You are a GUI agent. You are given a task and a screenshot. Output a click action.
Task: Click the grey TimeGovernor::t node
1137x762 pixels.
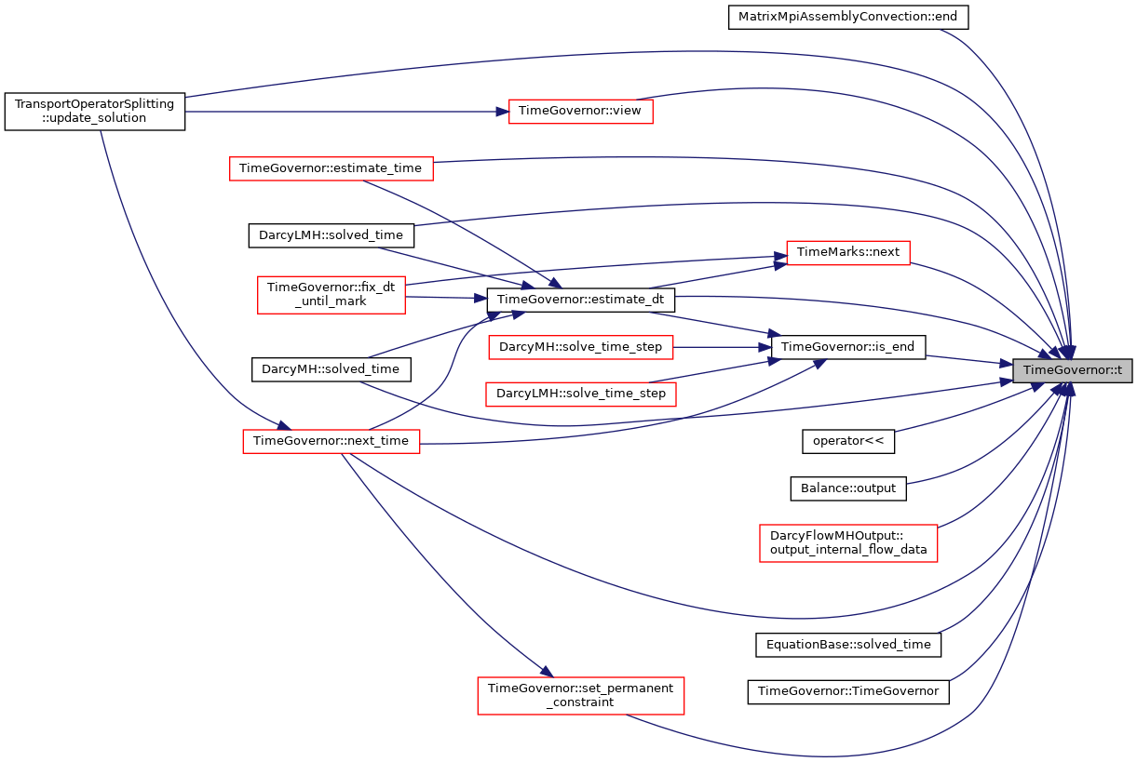point(1072,370)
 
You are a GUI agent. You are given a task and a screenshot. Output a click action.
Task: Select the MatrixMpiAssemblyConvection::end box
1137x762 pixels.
point(848,18)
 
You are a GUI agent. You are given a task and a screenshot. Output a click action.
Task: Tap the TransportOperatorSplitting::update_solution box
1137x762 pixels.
point(95,112)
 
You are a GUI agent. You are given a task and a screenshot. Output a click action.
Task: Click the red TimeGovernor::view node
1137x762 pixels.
point(581,112)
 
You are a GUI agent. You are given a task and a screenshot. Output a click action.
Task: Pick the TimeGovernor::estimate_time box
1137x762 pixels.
point(332,168)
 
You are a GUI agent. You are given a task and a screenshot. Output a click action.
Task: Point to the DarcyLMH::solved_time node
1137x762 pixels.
point(332,235)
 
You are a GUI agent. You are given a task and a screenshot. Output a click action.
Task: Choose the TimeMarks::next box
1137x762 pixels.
point(848,253)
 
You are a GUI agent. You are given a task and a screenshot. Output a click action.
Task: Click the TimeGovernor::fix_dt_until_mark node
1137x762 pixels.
point(332,295)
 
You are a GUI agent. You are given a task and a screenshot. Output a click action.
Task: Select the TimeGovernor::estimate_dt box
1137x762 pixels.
point(581,301)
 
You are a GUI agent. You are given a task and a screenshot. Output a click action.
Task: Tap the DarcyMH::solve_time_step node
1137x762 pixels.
point(581,347)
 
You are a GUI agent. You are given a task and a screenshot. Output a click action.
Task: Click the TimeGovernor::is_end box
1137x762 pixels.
point(848,347)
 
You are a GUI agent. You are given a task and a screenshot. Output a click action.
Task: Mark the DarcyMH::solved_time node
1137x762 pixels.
point(332,369)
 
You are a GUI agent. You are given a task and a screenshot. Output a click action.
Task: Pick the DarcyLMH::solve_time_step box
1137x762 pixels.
point(581,394)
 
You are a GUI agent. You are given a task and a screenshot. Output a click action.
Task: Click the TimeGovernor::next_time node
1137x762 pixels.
point(332,442)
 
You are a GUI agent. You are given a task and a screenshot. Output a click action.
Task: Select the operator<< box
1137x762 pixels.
point(848,442)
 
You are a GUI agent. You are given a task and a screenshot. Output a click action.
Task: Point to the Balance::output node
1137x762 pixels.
point(848,488)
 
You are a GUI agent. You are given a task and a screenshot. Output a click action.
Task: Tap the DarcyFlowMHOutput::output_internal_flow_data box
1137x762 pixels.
point(848,543)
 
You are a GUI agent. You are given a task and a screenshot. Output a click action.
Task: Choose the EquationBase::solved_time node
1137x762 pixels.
point(848,646)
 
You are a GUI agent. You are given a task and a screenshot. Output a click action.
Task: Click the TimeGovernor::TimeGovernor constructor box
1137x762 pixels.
point(848,692)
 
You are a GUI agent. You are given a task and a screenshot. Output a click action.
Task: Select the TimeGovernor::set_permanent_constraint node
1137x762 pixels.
point(581,696)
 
